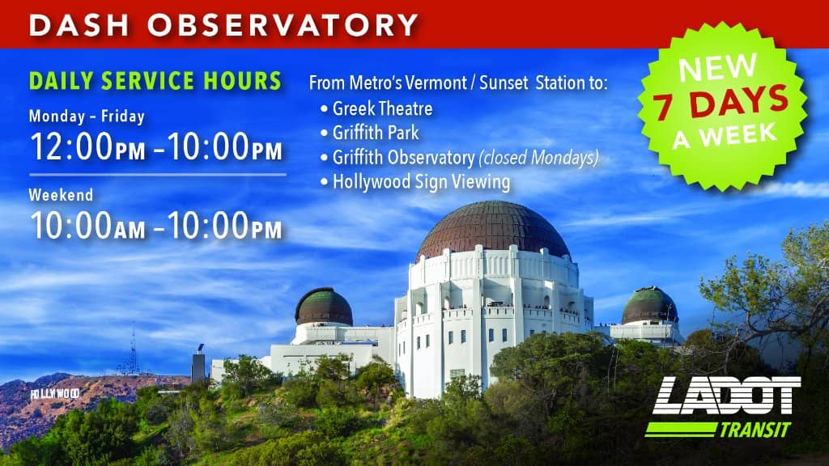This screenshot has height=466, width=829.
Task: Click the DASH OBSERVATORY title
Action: [223, 25]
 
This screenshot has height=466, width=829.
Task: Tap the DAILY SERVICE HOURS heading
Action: [155, 81]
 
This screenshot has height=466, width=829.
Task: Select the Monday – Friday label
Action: [87, 116]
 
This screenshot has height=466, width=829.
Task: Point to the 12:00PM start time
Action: [87, 146]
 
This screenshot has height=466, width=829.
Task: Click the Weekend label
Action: [61, 195]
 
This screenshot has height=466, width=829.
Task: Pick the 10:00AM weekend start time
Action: [87, 225]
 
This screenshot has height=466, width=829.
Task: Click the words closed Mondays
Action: [538, 158]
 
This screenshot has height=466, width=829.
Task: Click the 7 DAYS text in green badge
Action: [721, 103]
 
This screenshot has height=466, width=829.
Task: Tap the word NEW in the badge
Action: [717, 67]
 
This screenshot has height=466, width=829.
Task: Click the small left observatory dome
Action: [324, 307]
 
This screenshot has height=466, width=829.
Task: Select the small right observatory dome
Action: [649, 305]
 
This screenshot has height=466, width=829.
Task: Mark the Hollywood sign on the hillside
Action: [55, 394]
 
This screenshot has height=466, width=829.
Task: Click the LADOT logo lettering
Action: [726, 396]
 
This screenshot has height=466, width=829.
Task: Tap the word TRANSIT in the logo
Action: [755, 430]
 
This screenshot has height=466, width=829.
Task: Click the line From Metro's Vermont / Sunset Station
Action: [458, 83]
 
